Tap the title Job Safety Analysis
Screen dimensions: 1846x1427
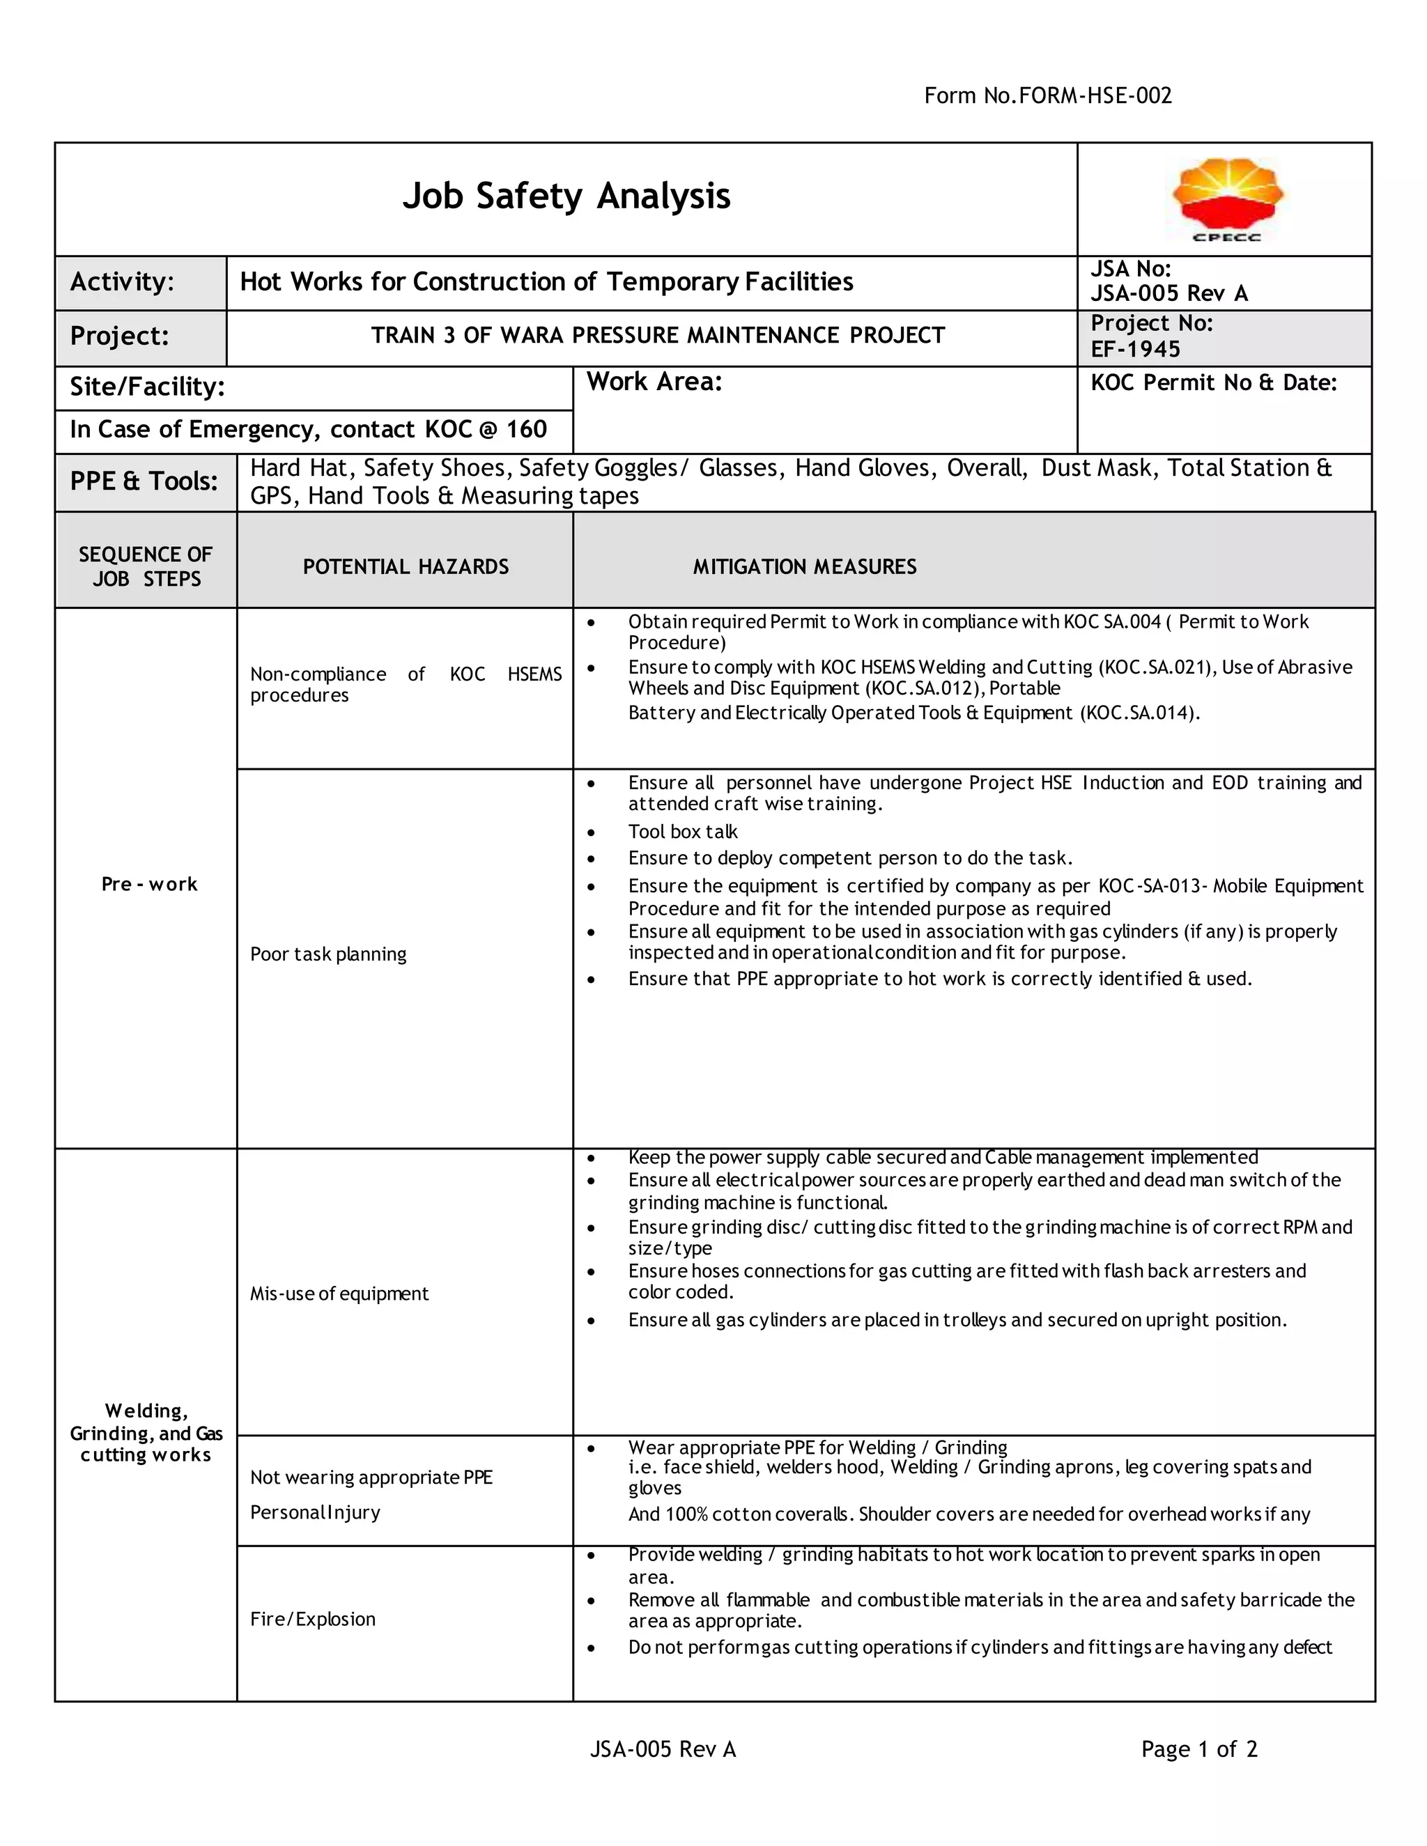pos(566,196)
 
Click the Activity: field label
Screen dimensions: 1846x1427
pos(122,281)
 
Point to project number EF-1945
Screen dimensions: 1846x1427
pos(1135,349)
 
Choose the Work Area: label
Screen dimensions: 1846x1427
pos(654,382)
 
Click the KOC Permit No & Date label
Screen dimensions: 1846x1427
pos(1213,383)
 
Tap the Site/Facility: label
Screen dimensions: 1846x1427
pos(147,387)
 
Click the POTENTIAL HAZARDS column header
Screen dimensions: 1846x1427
pos(406,566)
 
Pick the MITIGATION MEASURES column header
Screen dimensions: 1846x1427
pos(805,566)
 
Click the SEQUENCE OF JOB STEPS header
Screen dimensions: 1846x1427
pos(146,566)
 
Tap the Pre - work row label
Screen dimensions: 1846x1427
pos(150,884)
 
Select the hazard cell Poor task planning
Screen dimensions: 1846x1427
pos(328,954)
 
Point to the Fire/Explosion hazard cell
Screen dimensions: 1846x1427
pos(313,1620)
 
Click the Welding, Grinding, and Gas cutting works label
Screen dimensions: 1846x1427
pos(146,1433)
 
